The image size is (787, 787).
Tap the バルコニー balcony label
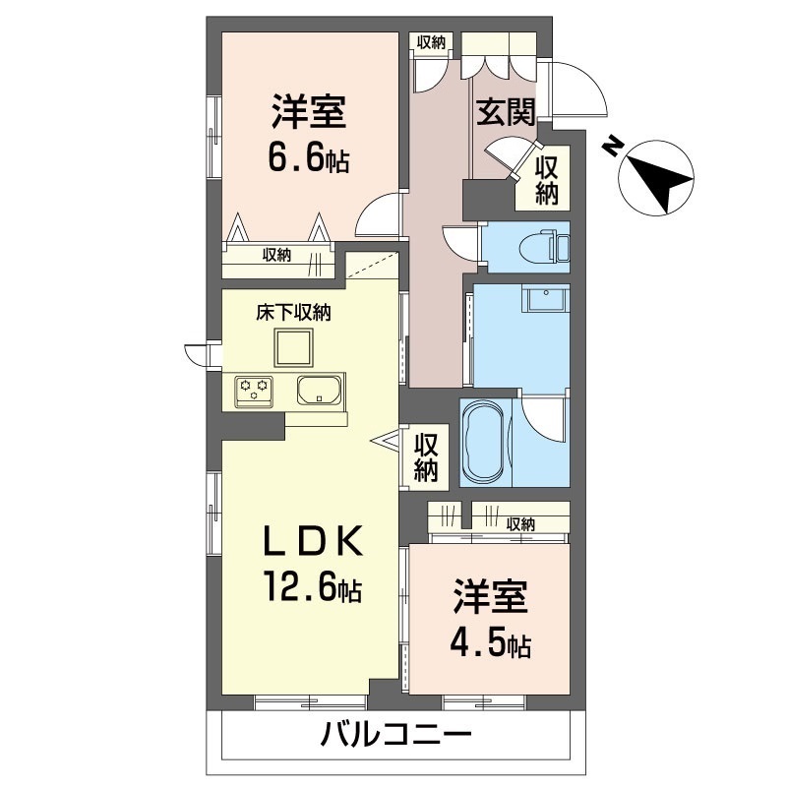click(x=396, y=736)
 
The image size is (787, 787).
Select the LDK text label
click(x=313, y=540)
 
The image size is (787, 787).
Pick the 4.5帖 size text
click(x=490, y=641)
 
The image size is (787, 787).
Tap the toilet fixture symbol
click(x=544, y=247)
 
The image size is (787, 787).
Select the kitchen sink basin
click(x=320, y=391)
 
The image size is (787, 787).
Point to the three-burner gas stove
click(x=254, y=391)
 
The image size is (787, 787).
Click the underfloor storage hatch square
click(x=293, y=347)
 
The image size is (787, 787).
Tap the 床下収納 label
click(x=293, y=313)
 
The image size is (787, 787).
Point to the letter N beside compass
click(x=611, y=146)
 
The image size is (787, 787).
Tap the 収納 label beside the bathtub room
click(x=426, y=457)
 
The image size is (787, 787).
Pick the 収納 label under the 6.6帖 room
click(x=276, y=255)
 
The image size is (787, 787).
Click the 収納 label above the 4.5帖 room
click(x=520, y=524)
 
